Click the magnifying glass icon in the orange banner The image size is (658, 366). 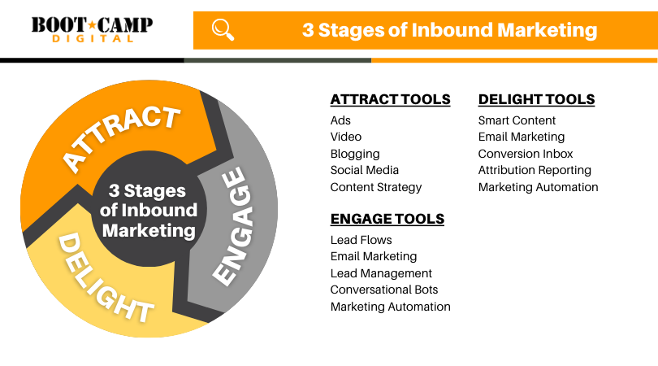(223, 29)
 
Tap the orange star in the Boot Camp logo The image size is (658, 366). (93, 24)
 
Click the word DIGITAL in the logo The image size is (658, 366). (93, 39)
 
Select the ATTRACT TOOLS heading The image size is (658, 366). (390, 99)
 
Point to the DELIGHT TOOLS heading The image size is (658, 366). (536, 99)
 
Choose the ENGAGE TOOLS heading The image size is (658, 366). (387, 219)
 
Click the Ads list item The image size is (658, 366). (340, 120)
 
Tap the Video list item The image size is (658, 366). (346, 137)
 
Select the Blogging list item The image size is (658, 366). (355, 155)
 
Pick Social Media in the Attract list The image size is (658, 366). (364, 170)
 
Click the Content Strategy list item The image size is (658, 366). (376, 187)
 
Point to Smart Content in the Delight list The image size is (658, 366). (517, 120)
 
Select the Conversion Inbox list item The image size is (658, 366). (526, 154)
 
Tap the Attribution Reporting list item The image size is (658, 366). (535, 171)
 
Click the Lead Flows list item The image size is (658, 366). (361, 240)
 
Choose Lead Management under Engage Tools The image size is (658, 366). (381, 273)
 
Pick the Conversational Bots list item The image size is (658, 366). (384, 290)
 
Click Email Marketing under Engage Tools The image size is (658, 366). (374, 257)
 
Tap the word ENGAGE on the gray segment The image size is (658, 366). (233, 227)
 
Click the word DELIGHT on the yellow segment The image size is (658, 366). (106, 278)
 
